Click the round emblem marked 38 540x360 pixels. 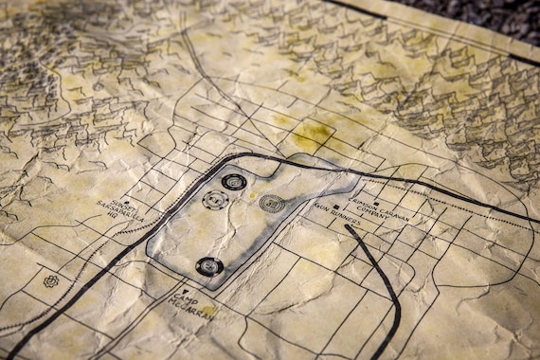click(x=272, y=203)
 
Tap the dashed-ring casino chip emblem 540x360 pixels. click(x=215, y=201)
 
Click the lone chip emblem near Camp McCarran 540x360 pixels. click(x=209, y=266)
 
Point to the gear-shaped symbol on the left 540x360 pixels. click(x=50, y=281)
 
